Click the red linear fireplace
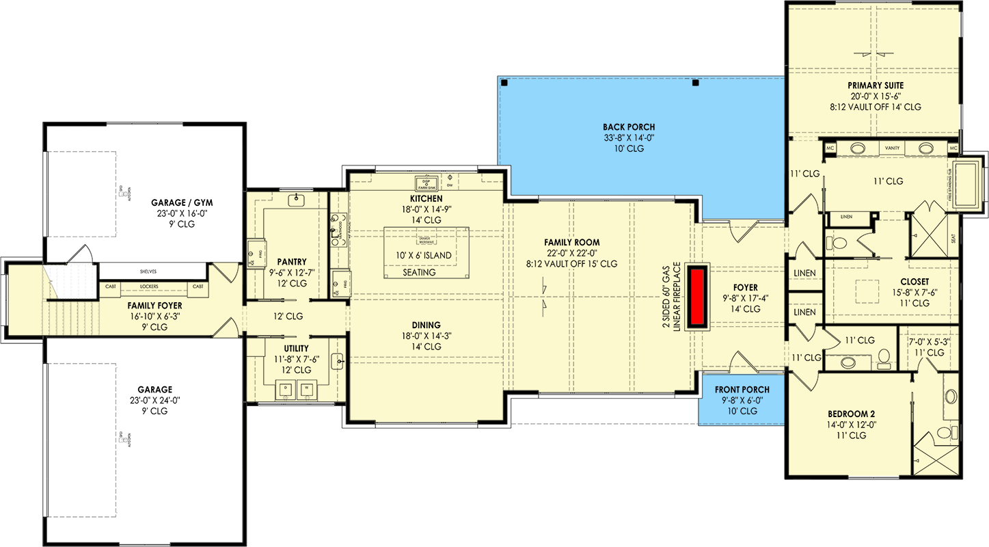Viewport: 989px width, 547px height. coord(698,297)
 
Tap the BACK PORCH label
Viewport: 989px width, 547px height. coord(629,126)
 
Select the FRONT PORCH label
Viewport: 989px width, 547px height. coord(742,390)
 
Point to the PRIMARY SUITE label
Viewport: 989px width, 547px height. coord(876,85)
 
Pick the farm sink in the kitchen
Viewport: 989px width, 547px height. coord(426,183)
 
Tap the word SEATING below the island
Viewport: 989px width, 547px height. coord(419,272)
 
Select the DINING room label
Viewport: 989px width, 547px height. coord(426,325)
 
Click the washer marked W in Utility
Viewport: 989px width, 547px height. coord(306,390)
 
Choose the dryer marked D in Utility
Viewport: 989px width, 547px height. coord(285,390)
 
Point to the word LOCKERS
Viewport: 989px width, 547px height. coord(149,286)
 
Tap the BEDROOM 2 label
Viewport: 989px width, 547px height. coord(850,414)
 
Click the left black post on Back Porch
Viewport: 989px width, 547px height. coord(504,83)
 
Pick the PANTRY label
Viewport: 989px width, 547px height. coord(292,261)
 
